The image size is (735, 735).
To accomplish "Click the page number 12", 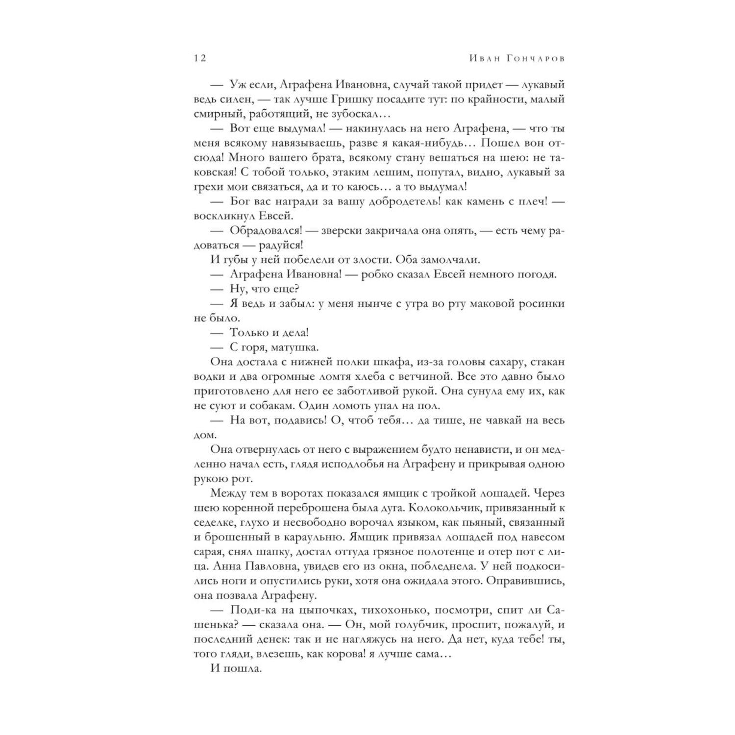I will pyautogui.click(x=200, y=58).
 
